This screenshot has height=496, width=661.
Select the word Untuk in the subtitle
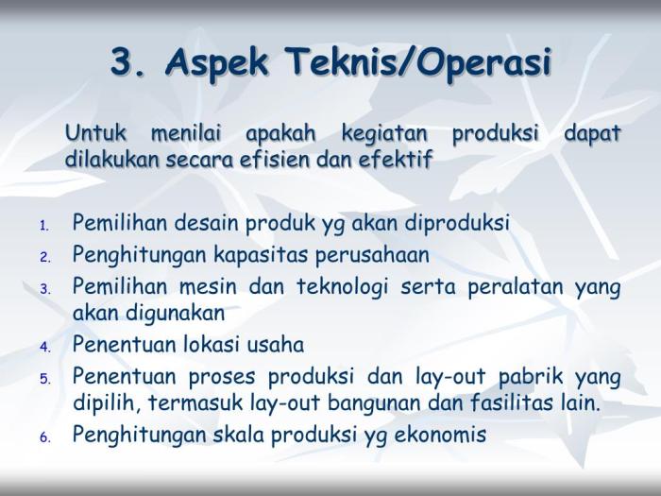coord(95,134)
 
